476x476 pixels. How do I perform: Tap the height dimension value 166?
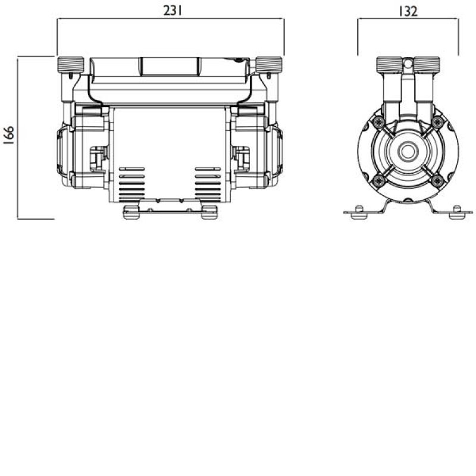click(9, 136)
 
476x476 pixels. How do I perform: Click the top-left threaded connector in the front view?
click(70, 64)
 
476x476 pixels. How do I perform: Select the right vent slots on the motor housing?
click(208, 184)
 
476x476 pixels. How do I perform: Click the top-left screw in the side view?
click(379, 122)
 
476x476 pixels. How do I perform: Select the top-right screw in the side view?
click(437, 122)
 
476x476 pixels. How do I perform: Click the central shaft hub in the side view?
click(408, 151)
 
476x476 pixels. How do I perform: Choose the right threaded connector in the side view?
click(427, 64)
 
